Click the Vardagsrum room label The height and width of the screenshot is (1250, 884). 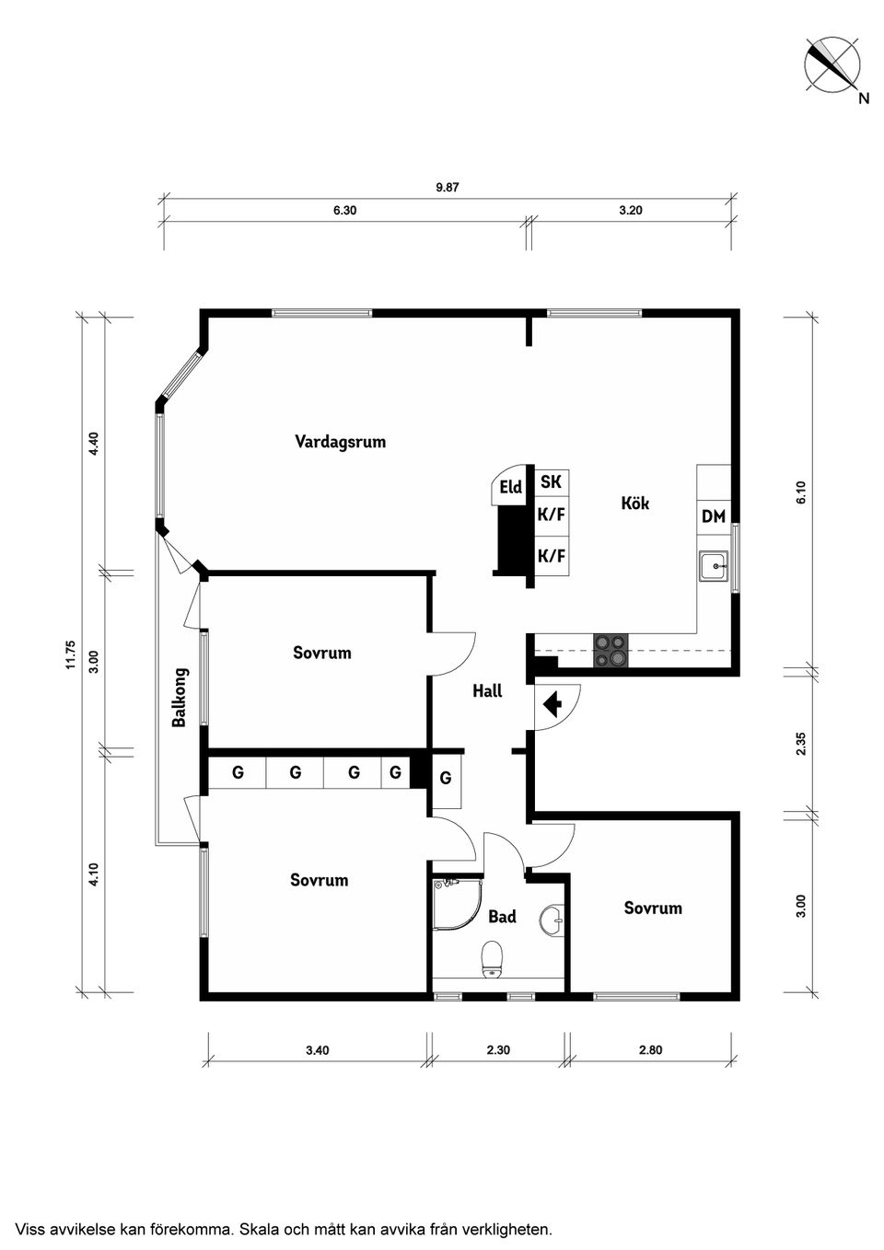click(x=341, y=442)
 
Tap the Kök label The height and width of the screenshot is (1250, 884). click(x=635, y=503)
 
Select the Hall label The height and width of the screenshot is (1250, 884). click(x=487, y=691)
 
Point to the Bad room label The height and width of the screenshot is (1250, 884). click(x=502, y=916)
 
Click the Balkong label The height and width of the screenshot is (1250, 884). click(x=179, y=698)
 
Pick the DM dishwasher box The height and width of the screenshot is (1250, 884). click(x=714, y=517)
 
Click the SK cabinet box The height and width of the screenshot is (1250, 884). click(x=552, y=481)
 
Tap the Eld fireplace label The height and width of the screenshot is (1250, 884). click(x=511, y=487)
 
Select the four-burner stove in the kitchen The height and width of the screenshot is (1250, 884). click(x=611, y=651)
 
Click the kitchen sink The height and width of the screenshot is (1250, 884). click(x=714, y=566)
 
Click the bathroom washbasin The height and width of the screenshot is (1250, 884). click(x=552, y=918)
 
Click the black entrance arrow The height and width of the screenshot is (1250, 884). click(x=552, y=704)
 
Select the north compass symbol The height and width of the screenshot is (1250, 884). click(x=832, y=64)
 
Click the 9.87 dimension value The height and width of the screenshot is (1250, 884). click(x=447, y=188)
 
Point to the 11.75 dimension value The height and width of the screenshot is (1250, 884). click(x=70, y=654)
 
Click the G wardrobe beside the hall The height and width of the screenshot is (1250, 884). click(x=446, y=778)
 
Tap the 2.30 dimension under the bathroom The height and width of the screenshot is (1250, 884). click(x=498, y=1050)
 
